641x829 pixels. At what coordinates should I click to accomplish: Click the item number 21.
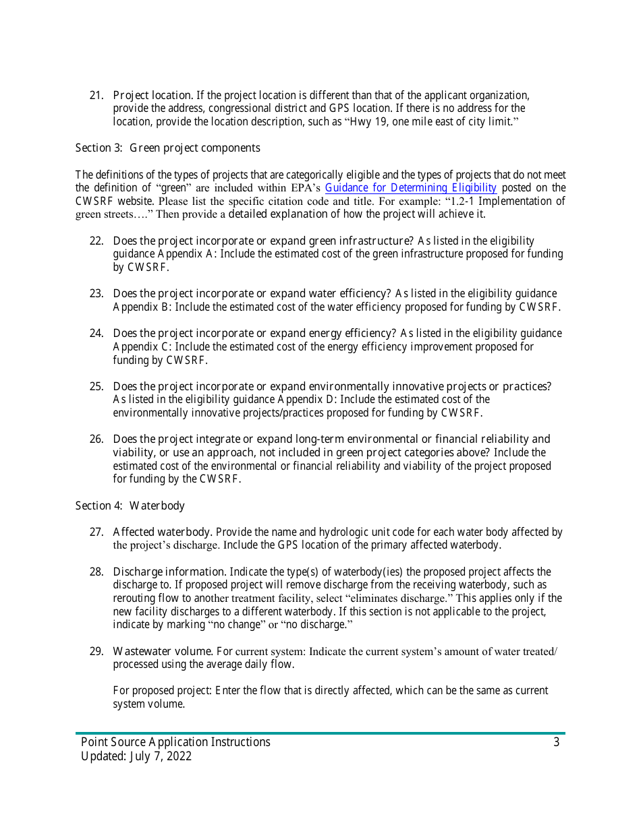pos(96,95)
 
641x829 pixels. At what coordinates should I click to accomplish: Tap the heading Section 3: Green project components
pos(167,148)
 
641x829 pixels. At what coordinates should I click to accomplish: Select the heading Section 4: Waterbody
pos(130,505)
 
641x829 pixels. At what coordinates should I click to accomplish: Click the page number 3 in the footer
pos(556,742)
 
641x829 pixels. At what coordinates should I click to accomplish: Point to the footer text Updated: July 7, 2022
pos(136,756)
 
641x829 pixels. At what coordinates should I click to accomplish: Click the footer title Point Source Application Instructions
pos(175,742)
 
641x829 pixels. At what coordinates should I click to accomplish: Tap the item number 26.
pos(96,439)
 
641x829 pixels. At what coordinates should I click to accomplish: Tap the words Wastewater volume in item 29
pos(163,651)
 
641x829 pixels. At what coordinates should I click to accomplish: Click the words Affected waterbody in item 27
pos(163,532)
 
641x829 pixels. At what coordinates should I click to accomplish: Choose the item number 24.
pos(96,334)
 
